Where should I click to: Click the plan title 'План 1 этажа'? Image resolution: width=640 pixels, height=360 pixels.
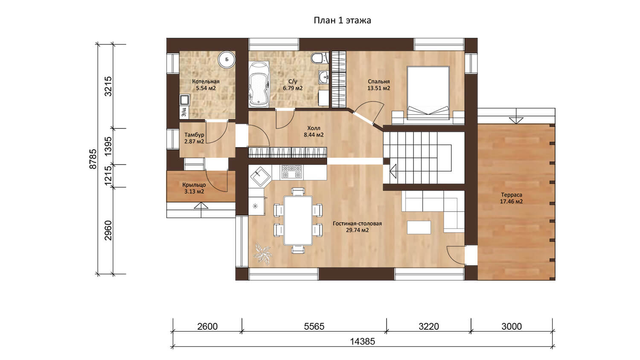point(342,20)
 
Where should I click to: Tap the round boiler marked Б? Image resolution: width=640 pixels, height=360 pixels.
point(227,59)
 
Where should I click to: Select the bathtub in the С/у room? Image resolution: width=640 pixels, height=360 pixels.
point(259,85)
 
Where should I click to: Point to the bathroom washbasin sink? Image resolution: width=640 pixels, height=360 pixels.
point(324,77)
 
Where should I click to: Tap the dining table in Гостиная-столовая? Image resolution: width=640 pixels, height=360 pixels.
point(298,220)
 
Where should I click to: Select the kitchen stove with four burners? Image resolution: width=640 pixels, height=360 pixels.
point(291,171)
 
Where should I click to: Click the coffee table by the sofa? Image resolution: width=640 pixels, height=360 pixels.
point(419,227)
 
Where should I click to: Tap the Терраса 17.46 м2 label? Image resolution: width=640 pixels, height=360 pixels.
point(511,198)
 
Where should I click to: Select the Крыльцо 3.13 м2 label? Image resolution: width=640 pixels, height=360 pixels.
point(194,188)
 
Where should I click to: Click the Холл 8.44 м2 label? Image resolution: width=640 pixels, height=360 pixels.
point(314,131)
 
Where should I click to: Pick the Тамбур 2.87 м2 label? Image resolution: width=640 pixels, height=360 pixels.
point(194,138)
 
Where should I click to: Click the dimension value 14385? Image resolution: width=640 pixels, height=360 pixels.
point(362,341)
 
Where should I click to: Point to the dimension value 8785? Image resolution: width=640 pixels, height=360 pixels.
point(93,159)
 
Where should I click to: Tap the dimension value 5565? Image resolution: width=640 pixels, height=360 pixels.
point(314,326)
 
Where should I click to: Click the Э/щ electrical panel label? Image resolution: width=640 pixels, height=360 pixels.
point(184,112)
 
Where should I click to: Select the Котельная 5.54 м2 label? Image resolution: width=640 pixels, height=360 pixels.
point(206,85)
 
